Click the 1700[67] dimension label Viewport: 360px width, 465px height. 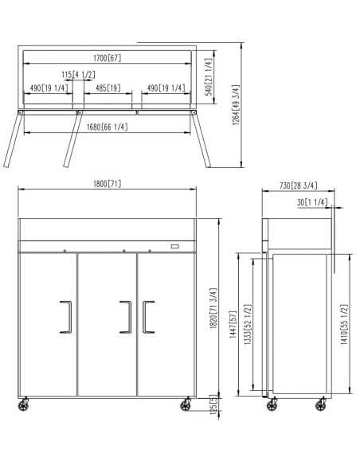(107, 58)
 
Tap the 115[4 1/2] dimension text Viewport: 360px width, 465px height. (78, 74)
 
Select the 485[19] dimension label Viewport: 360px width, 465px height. (108, 88)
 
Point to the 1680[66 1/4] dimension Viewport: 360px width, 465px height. (107, 127)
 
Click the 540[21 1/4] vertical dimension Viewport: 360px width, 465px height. (209, 76)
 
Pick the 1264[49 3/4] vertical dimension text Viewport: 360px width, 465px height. (236, 105)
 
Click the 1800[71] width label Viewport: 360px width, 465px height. (107, 184)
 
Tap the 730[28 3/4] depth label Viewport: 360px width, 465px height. (299, 186)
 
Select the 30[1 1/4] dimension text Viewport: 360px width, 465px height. (312, 202)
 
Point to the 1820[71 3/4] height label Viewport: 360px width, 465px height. (213, 308)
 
